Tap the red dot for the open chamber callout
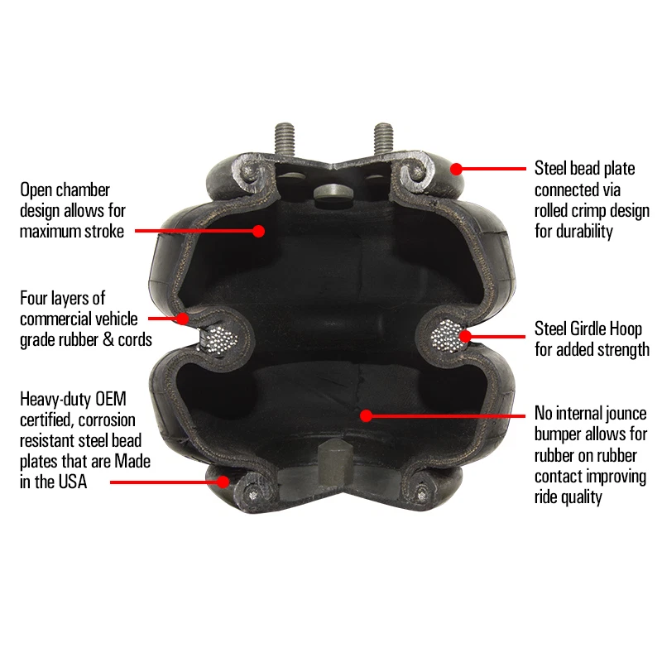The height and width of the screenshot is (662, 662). click(258, 231)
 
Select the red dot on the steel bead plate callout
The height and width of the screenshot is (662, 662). click(455, 168)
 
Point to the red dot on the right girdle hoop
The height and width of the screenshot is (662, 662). click(465, 336)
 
